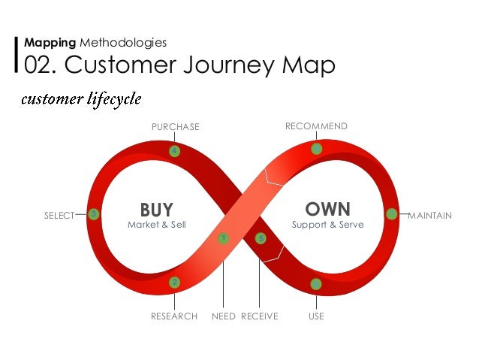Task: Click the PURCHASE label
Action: click(x=176, y=127)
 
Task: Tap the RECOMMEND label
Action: click(x=316, y=126)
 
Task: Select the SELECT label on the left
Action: click(x=59, y=216)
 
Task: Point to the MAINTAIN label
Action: click(x=429, y=216)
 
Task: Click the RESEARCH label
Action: click(x=174, y=316)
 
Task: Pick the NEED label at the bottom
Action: click(x=224, y=316)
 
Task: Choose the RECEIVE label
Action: click(x=259, y=316)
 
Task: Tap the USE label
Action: click(x=316, y=316)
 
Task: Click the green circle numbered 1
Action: click(x=223, y=238)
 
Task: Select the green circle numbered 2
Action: click(x=174, y=283)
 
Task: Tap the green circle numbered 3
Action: click(x=93, y=214)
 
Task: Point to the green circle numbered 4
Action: click(x=174, y=151)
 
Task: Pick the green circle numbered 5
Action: click(x=261, y=238)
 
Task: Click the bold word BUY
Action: click(x=156, y=209)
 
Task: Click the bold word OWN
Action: click(x=328, y=207)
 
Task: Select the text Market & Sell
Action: click(x=156, y=225)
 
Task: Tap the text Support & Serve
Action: click(x=327, y=225)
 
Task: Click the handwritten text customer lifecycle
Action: click(x=81, y=99)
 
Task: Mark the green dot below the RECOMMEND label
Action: click(x=317, y=149)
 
